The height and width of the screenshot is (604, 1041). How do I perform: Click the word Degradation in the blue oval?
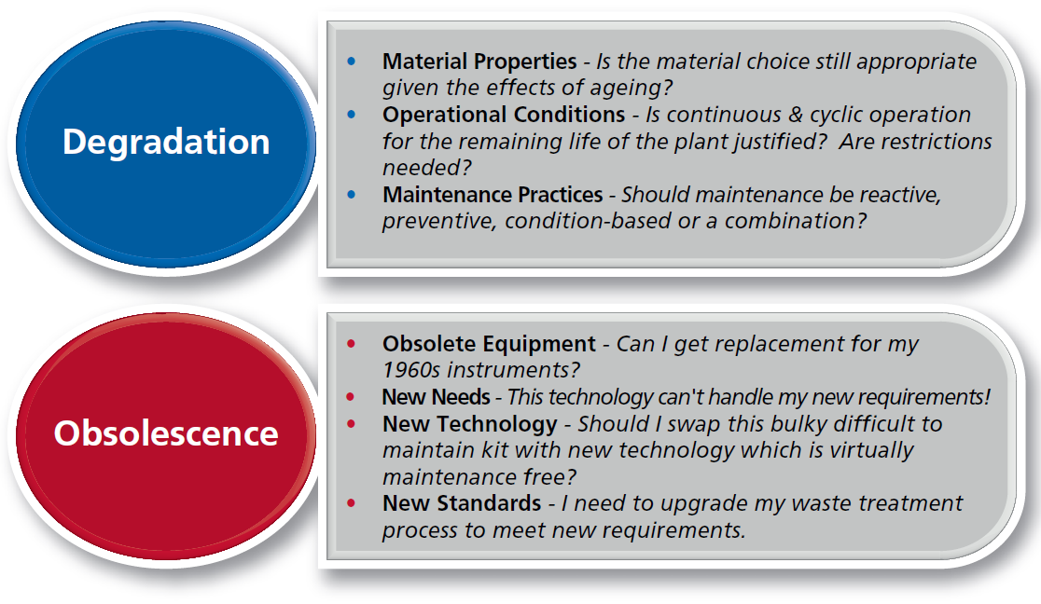click(166, 142)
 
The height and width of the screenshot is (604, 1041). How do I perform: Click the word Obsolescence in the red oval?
click(166, 433)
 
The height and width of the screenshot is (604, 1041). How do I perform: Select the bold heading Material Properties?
click(479, 62)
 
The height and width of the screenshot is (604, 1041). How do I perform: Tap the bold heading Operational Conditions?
click(504, 114)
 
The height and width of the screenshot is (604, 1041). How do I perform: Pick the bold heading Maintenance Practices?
click(493, 195)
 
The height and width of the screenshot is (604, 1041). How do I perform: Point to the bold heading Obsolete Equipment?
click(490, 344)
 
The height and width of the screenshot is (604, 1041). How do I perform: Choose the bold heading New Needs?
click(437, 397)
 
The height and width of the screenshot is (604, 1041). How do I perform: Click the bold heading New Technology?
click(470, 424)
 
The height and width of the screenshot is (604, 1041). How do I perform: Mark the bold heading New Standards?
click(462, 503)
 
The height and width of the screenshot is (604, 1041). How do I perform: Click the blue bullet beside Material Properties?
click(352, 62)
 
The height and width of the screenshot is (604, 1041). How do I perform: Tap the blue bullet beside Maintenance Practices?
click(352, 195)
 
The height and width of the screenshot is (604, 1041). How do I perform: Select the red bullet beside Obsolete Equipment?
click(352, 344)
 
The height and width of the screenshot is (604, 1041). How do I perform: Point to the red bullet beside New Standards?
click(352, 503)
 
